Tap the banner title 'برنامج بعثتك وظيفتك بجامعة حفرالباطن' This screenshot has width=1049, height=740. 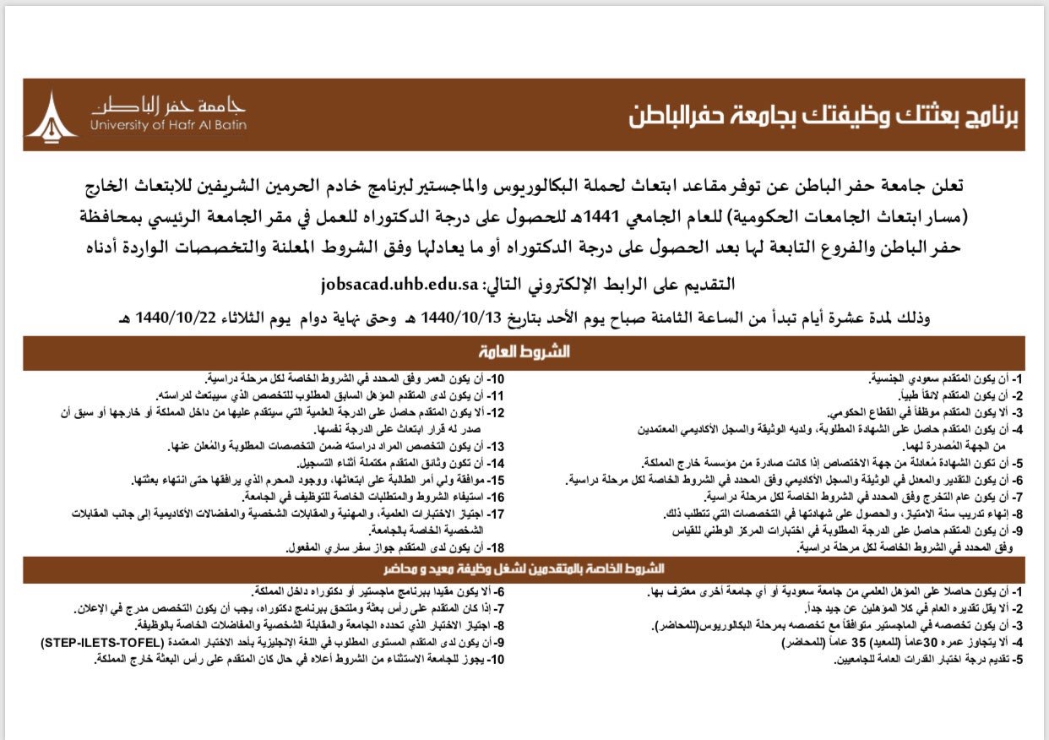(823, 116)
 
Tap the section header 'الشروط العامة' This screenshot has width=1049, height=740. (524, 351)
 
